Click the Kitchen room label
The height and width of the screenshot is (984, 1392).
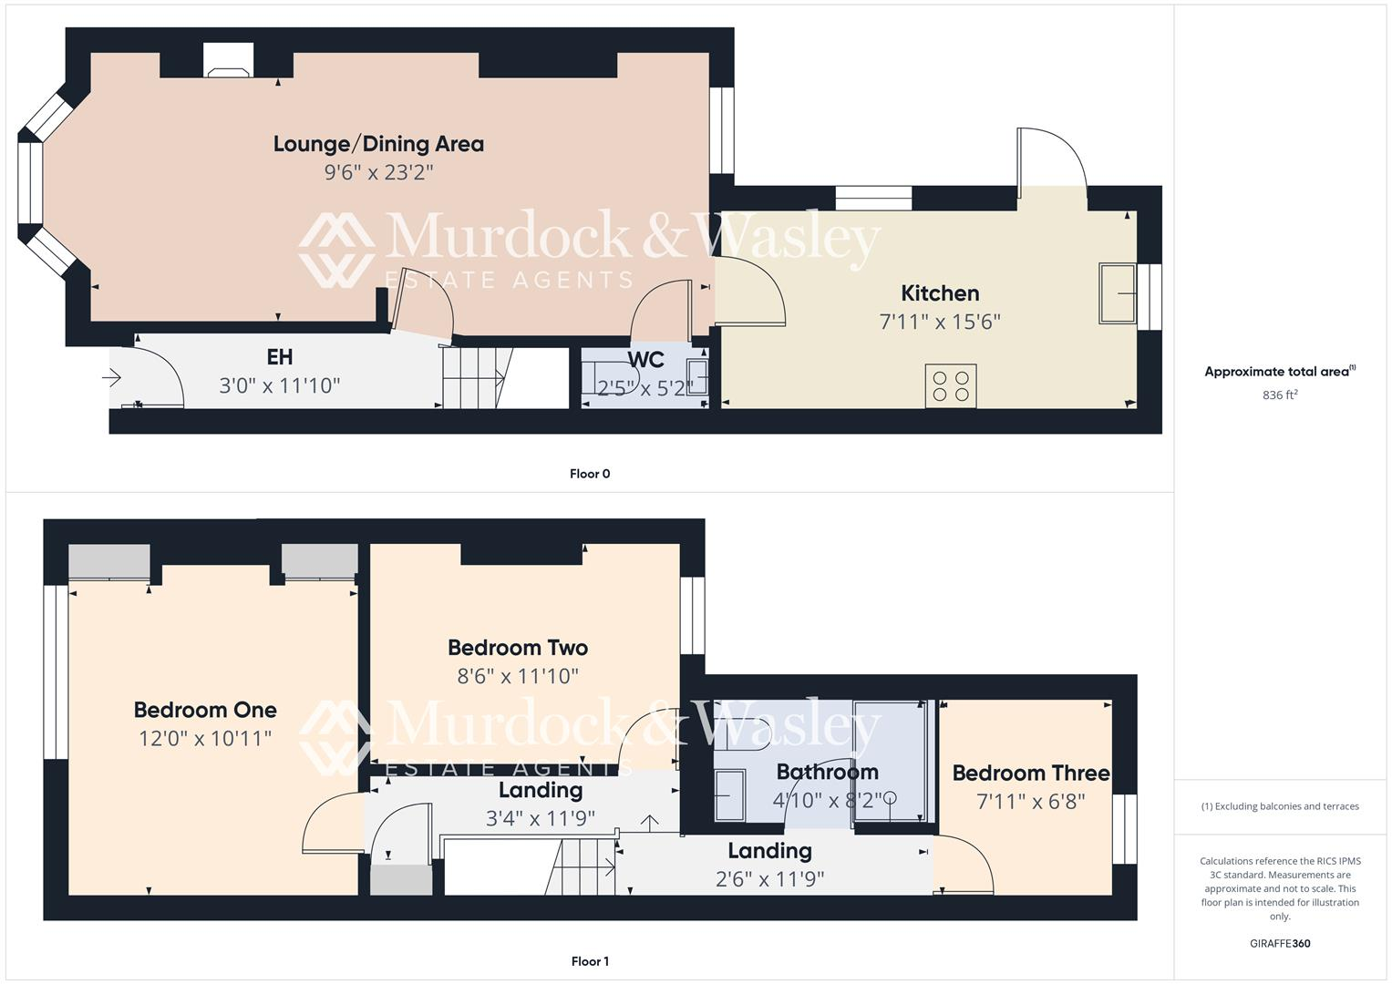coord(940,293)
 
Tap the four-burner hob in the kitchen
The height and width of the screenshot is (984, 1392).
coord(951,385)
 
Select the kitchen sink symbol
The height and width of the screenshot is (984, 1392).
coord(1117,293)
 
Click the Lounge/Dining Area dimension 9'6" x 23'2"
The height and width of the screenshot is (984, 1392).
coord(378,172)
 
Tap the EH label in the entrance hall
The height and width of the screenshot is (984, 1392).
coord(279,357)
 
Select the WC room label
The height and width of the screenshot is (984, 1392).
coord(645,359)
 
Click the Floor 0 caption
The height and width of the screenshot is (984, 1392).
coord(590,474)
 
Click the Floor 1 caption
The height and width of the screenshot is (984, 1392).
coord(590,961)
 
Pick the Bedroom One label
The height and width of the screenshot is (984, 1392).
coord(205,710)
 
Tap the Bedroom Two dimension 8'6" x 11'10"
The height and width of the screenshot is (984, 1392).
coord(518,676)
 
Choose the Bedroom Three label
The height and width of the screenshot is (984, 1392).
coord(1031,774)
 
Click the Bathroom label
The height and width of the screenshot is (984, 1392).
coord(827,773)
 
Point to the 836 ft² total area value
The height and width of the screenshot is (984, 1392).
coord(1280,395)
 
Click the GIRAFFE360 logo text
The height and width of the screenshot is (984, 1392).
coord(1280,943)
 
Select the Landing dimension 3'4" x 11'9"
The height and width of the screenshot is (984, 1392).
coord(540,818)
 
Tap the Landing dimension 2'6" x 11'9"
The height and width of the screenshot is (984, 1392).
coord(769,879)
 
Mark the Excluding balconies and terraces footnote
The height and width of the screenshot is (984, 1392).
coord(1280,806)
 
